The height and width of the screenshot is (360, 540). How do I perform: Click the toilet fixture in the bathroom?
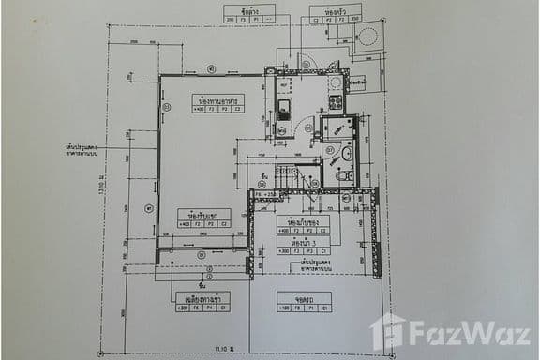coord(344,174)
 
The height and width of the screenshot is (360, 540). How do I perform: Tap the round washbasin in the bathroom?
coord(346,153)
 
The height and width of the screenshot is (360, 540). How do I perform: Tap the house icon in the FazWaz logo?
coord(388,330)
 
